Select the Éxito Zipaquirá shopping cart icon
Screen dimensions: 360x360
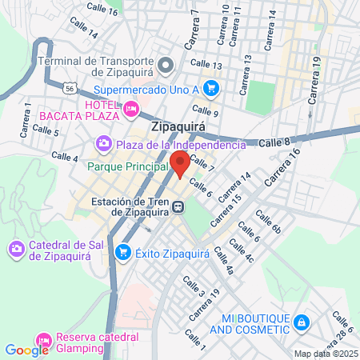(x=123, y=254)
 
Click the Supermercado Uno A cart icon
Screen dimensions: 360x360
(x=211, y=88)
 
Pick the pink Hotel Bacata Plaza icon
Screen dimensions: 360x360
(x=130, y=108)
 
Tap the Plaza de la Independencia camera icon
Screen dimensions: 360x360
(x=103, y=145)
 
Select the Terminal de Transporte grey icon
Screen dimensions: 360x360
(x=166, y=64)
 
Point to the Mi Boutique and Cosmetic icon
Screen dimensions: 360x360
(x=302, y=322)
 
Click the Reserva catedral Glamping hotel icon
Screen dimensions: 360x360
(x=44, y=341)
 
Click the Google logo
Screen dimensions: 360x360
(x=26, y=350)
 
